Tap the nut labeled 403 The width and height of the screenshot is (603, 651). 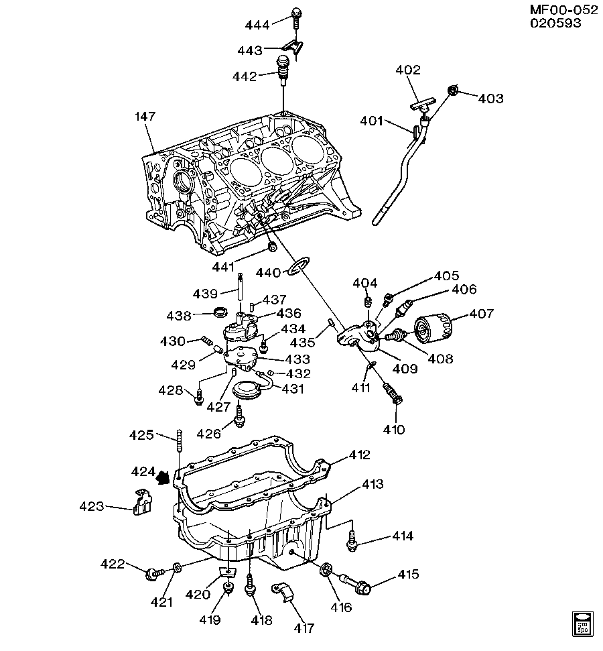pyautogui.click(x=453, y=91)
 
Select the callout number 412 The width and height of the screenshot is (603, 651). pyautogui.click(x=359, y=456)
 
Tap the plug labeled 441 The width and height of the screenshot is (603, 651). pyautogui.click(x=272, y=249)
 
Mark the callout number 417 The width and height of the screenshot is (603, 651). pyautogui.click(x=304, y=628)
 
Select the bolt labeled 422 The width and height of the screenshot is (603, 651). pyautogui.click(x=155, y=573)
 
